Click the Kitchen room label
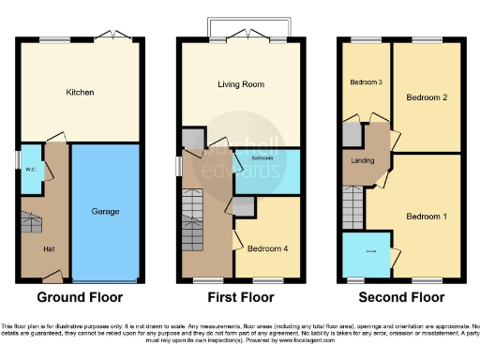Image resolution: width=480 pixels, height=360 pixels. click(80, 92)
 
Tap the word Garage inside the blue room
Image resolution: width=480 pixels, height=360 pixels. click(106, 212)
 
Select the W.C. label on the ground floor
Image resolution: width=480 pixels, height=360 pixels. click(30, 170)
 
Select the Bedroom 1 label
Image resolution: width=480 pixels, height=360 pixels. click(426, 217)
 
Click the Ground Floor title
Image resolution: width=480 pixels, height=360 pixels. click(80, 298)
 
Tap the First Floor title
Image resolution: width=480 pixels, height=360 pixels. click(240, 298)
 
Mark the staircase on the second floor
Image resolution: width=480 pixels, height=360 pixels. click(352, 200)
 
